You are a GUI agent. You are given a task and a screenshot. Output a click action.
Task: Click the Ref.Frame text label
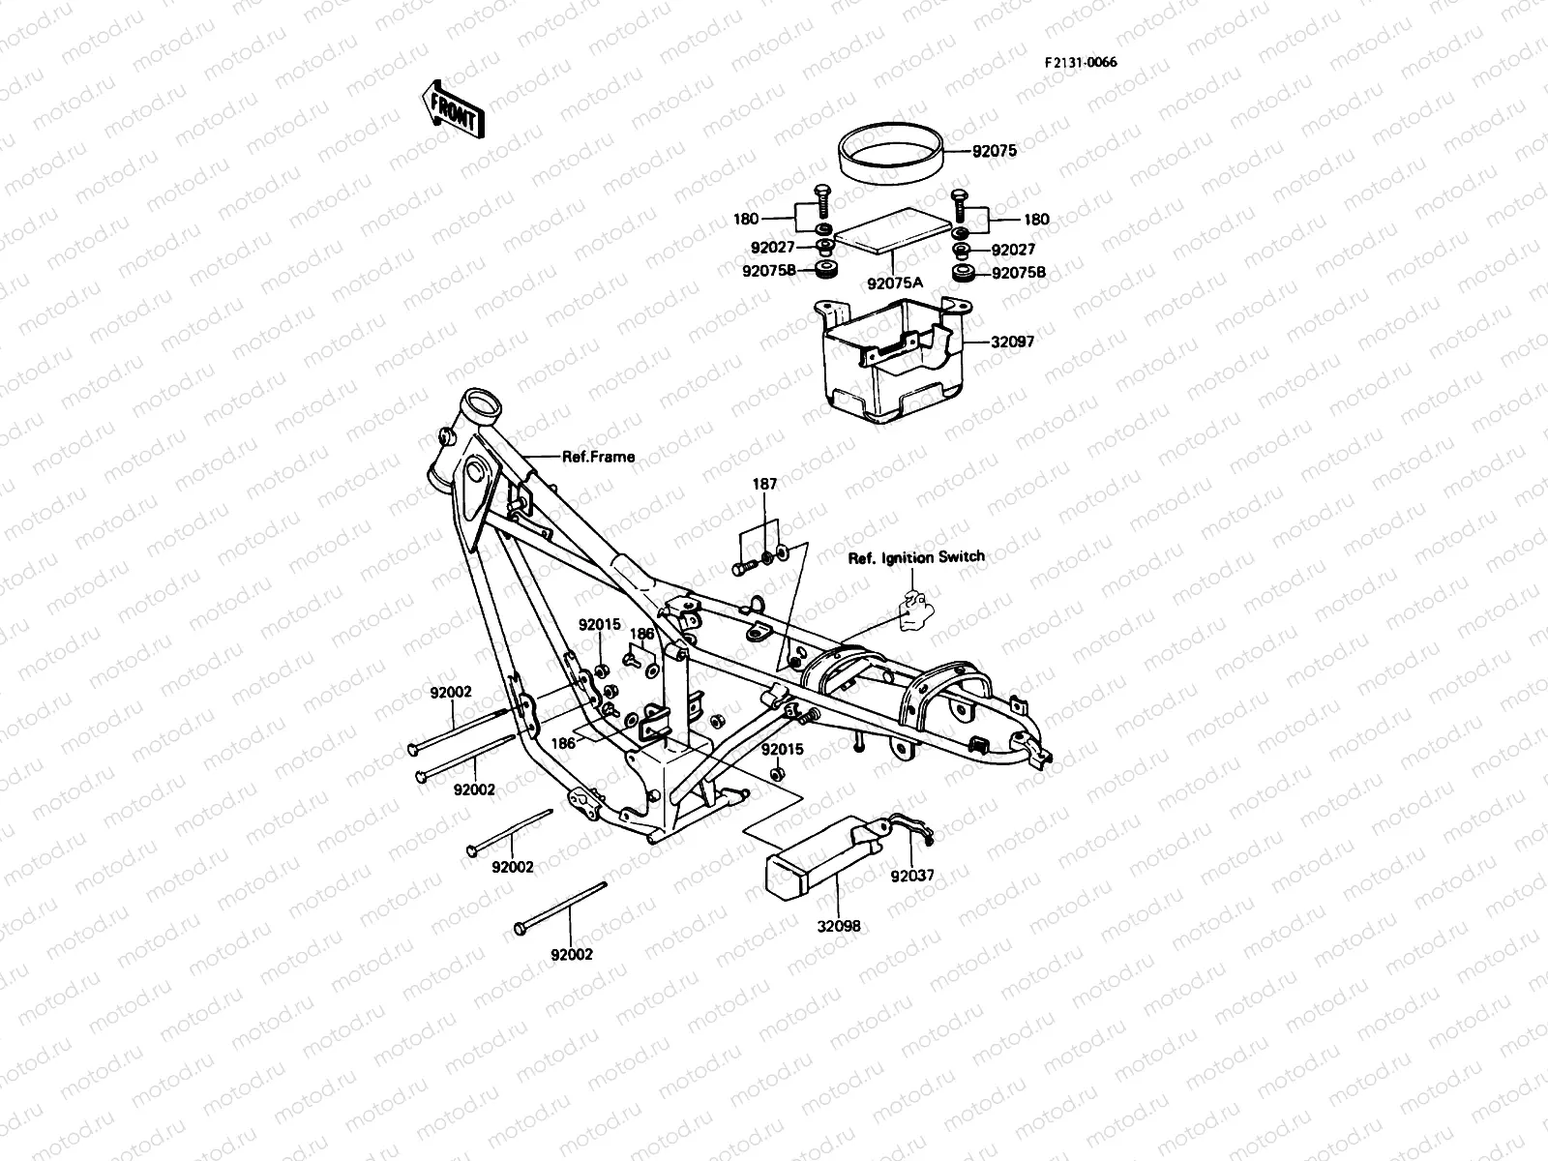click(x=598, y=457)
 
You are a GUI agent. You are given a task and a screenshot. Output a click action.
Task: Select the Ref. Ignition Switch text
click(x=916, y=557)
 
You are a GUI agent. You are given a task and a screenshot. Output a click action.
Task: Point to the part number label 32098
click(x=839, y=926)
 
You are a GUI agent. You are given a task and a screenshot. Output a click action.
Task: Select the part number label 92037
click(x=912, y=877)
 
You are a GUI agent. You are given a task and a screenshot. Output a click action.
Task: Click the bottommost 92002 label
click(x=571, y=954)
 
